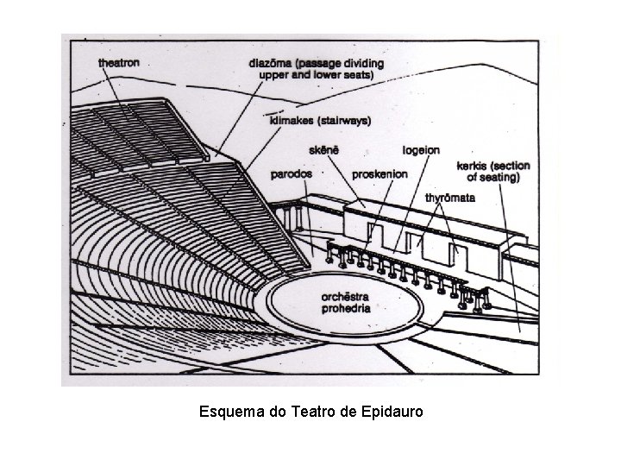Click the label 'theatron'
(x=118, y=63)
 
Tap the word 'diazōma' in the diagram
(x=272, y=64)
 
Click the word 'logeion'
(x=420, y=151)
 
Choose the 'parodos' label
(x=291, y=173)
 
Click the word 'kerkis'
(x=473, y=166)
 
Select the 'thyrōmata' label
(x=451, y=198)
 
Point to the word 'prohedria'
(x=346, y=307)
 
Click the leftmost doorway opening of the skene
(x=376, y=234)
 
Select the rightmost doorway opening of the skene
(x=458, y=255)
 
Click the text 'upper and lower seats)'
(x=317, y=75)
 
